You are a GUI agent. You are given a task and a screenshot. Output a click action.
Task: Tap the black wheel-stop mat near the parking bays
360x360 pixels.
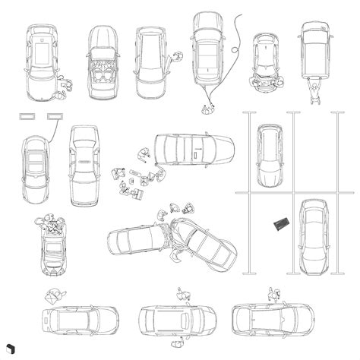click(280, 223)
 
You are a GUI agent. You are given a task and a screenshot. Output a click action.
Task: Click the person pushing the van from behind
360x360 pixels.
click(313, 91)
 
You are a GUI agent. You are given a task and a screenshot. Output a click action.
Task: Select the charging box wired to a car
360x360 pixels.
click(55, 115)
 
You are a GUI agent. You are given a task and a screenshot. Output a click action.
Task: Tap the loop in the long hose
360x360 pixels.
click(237, 52)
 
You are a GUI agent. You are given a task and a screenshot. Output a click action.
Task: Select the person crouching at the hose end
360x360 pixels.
click(205, 109)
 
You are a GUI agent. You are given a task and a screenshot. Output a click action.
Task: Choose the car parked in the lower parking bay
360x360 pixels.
click(313, 238)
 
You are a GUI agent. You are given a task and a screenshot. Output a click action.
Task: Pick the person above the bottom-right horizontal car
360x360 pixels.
click(274, 294)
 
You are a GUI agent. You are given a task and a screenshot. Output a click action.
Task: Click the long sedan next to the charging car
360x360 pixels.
click(84, 164)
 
